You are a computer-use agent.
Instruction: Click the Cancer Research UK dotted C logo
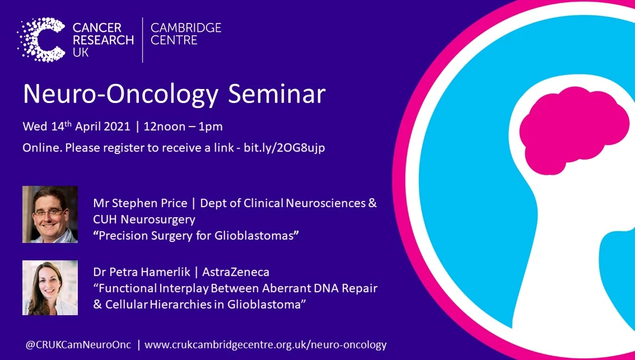(43, 39)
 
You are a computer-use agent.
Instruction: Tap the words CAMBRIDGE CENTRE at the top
(186, 34)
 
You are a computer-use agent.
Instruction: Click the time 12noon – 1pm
(183, 126)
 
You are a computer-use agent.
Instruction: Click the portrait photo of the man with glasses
(50, 214)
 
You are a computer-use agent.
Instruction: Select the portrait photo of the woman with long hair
(50, 287)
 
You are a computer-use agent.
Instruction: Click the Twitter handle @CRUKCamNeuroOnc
(77, 345)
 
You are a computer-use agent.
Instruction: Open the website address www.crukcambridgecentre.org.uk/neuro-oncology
(265, 345)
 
